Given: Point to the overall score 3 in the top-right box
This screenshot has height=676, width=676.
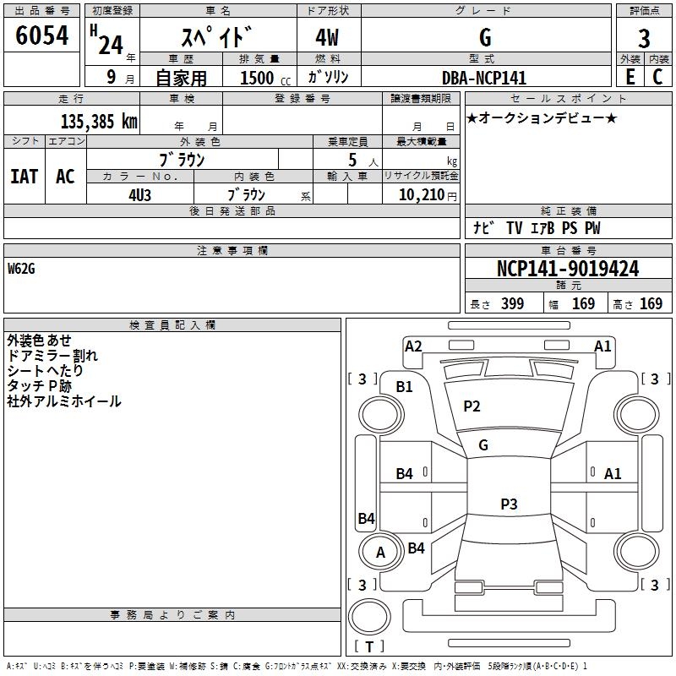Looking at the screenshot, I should (x=644, y=38).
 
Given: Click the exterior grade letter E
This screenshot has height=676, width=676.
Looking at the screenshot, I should (x=630, y=77).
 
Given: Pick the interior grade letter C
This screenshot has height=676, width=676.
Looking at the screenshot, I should (x=657, y=77).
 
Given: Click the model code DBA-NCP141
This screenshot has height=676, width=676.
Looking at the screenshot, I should (x=483, y=78).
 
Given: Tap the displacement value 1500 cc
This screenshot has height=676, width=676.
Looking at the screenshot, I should (x=263, y=78).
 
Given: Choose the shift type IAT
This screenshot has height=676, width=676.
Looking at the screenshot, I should (x=24, y=176).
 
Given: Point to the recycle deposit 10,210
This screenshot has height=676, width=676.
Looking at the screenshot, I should (x=421, y=194).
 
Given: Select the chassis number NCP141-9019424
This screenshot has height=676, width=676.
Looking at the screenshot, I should (x=567, y=269).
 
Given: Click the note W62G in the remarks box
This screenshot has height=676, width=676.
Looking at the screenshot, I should (x=23, y=269).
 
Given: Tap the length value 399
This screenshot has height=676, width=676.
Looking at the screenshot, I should (x=511, y=304).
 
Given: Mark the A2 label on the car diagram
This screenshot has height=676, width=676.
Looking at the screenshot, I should (x=413, y=346).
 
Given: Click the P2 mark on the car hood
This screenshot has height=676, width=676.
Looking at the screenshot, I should (x=472, y=406).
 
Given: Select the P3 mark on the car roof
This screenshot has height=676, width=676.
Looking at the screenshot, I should (x=508, y=504).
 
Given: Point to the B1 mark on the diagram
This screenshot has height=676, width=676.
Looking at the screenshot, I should (x=405, y=386).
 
